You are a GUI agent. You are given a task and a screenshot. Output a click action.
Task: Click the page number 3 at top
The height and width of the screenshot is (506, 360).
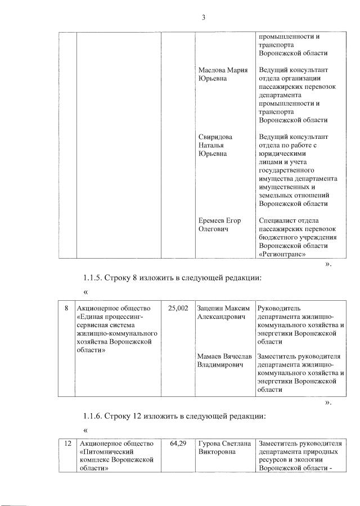coord(204,17)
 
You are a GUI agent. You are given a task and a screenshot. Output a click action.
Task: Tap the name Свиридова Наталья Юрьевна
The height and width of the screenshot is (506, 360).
coord(215,145)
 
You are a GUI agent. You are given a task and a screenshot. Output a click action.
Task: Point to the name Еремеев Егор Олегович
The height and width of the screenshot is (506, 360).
coord(219,224)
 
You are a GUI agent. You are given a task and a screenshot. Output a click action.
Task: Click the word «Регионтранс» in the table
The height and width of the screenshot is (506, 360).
coord(282,254)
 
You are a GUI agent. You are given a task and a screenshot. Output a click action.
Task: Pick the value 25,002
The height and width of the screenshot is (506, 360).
coord(178,308)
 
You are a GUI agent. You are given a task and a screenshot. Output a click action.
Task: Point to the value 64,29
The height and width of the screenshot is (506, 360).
coord(178,444)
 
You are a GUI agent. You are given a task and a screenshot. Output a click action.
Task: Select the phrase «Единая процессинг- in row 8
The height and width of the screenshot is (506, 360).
coord(112,317)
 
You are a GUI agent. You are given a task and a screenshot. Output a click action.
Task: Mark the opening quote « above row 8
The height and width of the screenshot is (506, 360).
coord(85,292)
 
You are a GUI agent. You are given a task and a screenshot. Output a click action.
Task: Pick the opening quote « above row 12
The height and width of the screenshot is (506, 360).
coord(85,430)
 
